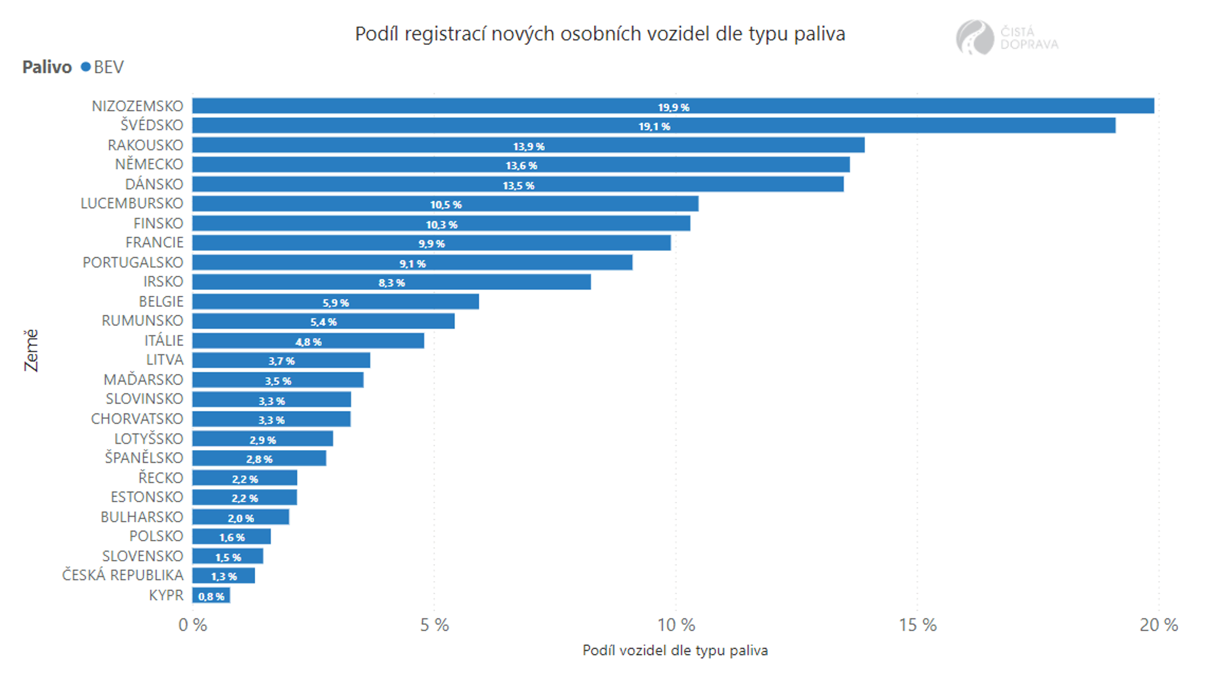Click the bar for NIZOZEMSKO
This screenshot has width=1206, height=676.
(x=673, y=106)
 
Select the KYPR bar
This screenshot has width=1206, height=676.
(x=212, y=596)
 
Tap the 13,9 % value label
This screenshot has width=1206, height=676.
(x=529, y=146)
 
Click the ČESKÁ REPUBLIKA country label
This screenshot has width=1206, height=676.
(x=123, y=575)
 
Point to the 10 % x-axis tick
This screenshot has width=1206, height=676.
(x=676, y=625)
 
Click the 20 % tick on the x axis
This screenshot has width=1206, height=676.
(x=1159, y=625)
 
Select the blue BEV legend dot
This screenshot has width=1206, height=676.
(x=86, y=67)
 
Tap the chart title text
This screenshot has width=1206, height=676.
(x=600, y=34)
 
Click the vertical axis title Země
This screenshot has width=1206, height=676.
(x=31, y=350)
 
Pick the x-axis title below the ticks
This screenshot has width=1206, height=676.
(x=675, y=650)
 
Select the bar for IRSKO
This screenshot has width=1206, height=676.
(x=391, y=282)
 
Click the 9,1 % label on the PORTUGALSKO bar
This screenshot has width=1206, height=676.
(x=413, y=264)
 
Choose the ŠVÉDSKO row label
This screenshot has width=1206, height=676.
(x=152, y=125)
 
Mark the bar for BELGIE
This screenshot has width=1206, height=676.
(x=335, y=301)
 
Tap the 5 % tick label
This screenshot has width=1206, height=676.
(x=435, y=625)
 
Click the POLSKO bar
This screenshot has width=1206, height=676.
(x=232, y=536)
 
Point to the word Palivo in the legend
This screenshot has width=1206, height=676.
(x=47, y=67)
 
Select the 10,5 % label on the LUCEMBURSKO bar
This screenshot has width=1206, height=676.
(x=446, y=204)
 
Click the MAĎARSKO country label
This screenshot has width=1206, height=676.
(x=143, y=380)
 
